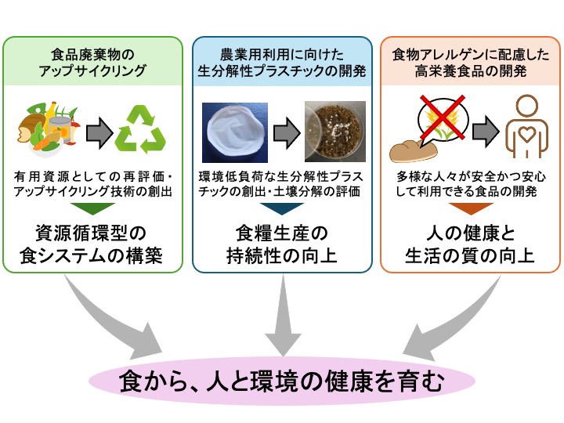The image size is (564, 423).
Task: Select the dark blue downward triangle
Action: pyautogui.click(x=282, y=208)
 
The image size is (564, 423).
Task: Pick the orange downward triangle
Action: pyautogui.click(x=469, y=208)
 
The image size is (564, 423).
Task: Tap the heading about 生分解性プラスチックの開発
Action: pyautogui.click(x=282, y=63)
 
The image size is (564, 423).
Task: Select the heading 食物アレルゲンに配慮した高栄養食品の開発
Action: pyautogui.click(x=469, y=63)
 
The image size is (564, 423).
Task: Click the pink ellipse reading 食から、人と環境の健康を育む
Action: pyautogui.click(x=282, y=382)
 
